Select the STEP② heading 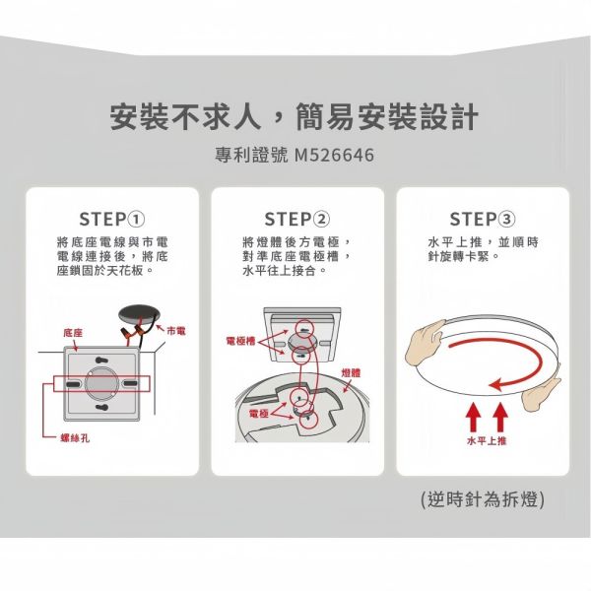296,218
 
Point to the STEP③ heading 481,218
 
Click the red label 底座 72,335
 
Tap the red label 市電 176,328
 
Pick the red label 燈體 351,372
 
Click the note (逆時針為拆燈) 482,499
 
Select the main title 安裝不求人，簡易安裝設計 295,118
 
